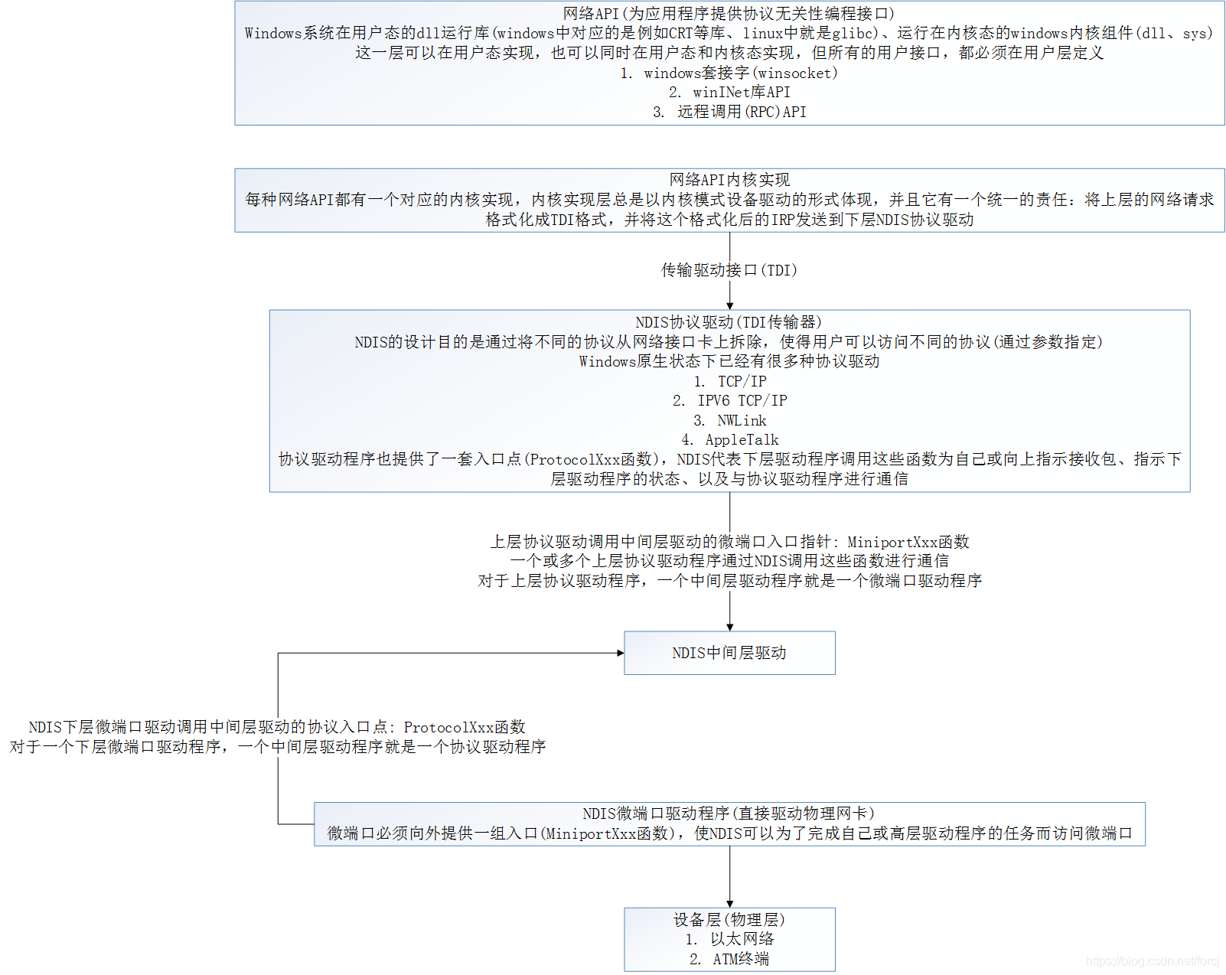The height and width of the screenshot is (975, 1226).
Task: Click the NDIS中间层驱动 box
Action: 729,653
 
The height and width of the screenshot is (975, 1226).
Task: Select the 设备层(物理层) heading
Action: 729,919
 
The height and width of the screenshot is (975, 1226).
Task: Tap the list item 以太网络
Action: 742,939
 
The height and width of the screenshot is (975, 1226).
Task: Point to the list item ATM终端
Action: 741,959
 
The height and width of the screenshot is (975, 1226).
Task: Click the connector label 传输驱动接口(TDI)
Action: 729,270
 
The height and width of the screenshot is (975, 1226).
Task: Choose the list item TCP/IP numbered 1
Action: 742,381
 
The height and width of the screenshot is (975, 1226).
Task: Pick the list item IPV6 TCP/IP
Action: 742,400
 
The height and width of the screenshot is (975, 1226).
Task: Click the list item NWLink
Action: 742,420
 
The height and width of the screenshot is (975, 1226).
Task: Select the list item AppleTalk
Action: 742,439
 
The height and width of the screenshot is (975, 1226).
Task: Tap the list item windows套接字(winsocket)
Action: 740,73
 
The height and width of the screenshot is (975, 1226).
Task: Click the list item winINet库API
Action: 741,92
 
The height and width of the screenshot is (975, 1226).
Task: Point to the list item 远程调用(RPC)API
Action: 741,112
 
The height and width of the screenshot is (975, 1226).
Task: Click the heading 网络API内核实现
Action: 729,180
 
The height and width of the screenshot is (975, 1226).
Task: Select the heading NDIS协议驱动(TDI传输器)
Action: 729,322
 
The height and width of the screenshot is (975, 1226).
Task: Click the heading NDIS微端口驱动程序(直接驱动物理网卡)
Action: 729,814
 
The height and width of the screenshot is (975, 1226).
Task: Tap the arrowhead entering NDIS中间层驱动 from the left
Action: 621,653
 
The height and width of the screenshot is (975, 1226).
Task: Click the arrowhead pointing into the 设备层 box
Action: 729,904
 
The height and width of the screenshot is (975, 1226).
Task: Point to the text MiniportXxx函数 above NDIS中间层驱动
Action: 908,542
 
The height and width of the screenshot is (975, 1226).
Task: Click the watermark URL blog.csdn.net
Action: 1152,961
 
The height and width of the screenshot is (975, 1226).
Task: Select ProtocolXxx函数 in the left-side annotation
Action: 465,727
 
